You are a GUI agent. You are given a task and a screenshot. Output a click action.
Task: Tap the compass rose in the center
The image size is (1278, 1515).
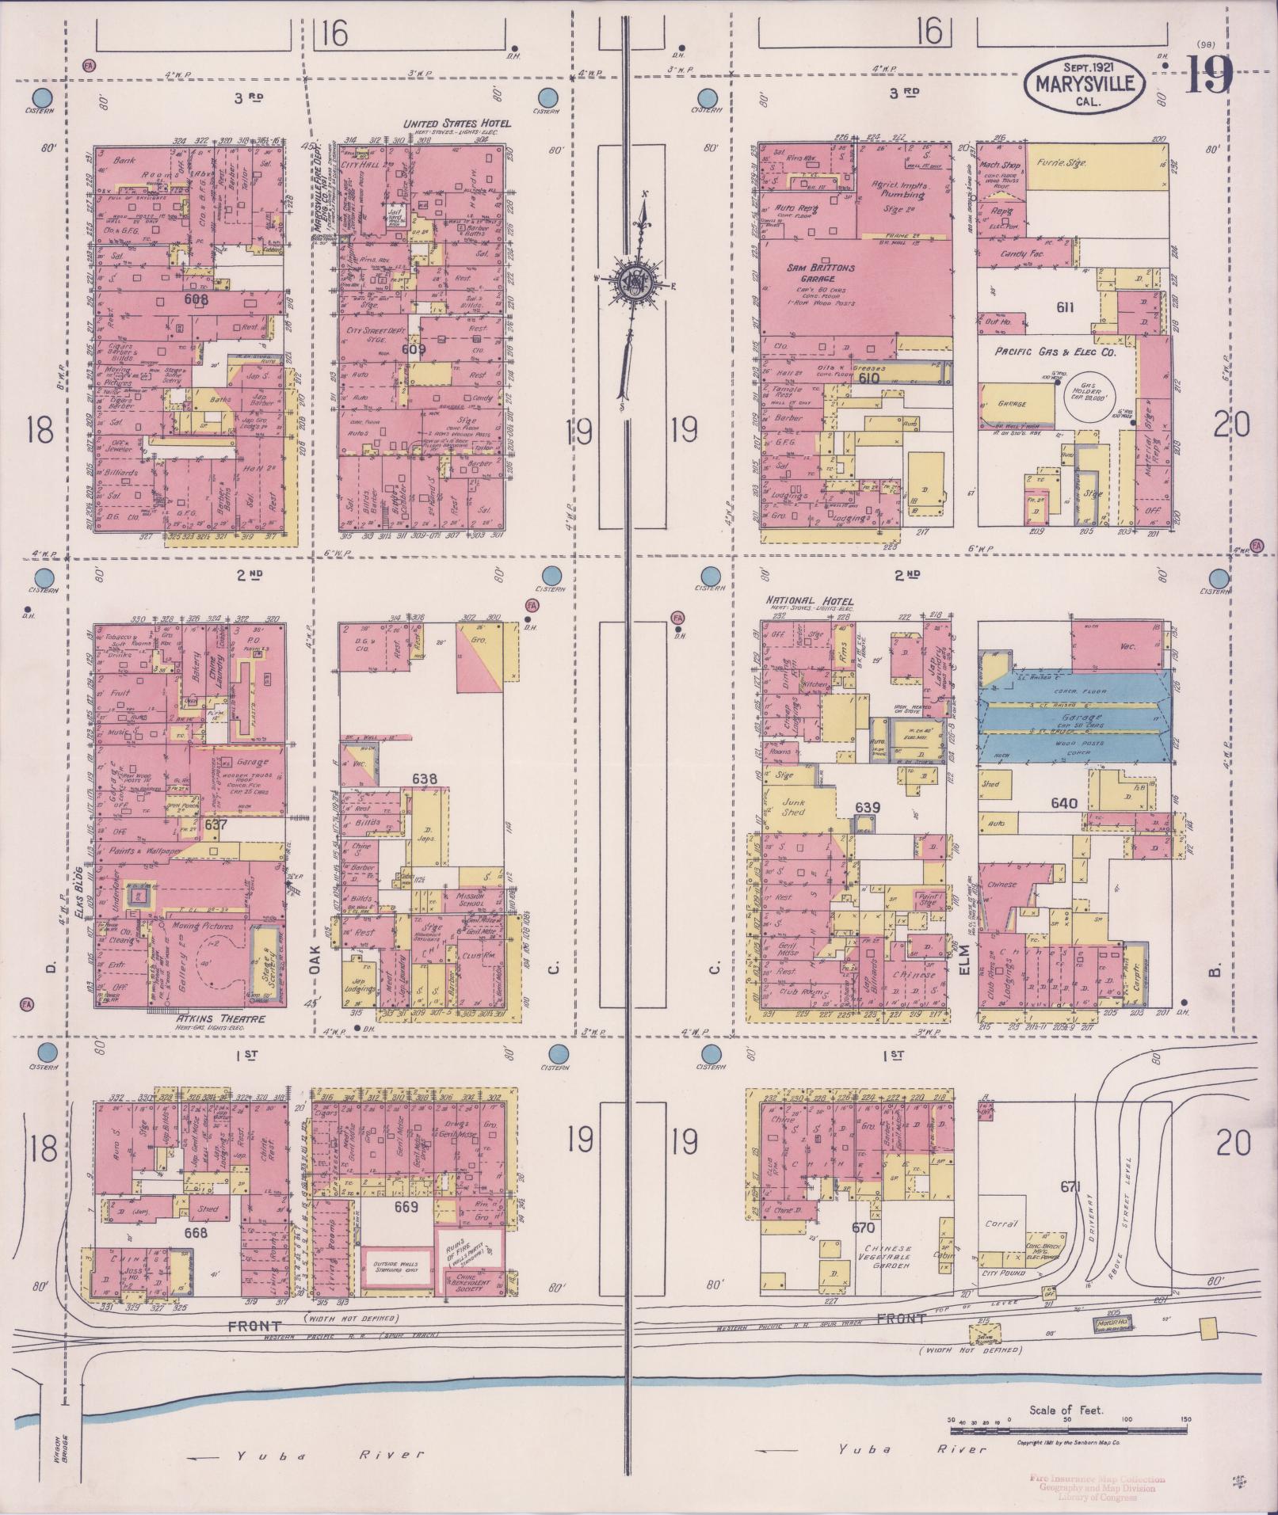(634, 280)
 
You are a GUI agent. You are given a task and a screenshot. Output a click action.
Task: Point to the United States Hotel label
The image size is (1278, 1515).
(457, 124)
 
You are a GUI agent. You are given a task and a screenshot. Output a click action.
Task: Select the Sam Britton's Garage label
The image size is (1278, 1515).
(821, 273)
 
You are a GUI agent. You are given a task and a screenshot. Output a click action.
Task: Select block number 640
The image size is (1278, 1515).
(1063, 803)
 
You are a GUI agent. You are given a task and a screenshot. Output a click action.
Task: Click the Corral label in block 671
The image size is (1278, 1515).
(1001, 1224)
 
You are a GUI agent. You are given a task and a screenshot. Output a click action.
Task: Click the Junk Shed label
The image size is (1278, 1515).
(793, 806)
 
